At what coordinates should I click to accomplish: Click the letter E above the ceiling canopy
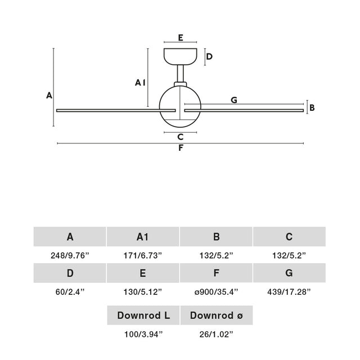pos(181,38)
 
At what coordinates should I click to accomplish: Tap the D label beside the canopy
pos(209,56)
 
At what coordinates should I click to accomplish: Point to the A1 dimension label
pos(140,83)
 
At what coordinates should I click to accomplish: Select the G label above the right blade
pos(234,100)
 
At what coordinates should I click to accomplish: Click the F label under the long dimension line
pos(181,148)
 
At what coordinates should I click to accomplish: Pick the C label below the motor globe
pos(181,137)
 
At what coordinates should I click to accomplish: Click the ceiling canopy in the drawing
pos(180,56)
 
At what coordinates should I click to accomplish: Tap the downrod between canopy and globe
pos(180,74)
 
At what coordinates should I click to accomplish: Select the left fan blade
pos(116,110)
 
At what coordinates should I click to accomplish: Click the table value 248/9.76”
pos(70,255)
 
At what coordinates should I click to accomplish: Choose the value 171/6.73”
pos(142,255)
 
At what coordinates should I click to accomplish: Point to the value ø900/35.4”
pos(216,292)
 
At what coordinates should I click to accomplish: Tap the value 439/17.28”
pos(289,292)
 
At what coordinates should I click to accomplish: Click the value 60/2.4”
pos(70,292)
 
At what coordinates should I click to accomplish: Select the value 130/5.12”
pos(142,292)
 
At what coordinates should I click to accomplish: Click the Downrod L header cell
pos(143,315)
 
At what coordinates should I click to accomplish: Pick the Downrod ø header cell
pos(217,315)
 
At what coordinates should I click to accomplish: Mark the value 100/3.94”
pos(143,334)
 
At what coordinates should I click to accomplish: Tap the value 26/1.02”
pos(216,334)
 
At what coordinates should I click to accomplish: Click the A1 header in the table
pos(143,236)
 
